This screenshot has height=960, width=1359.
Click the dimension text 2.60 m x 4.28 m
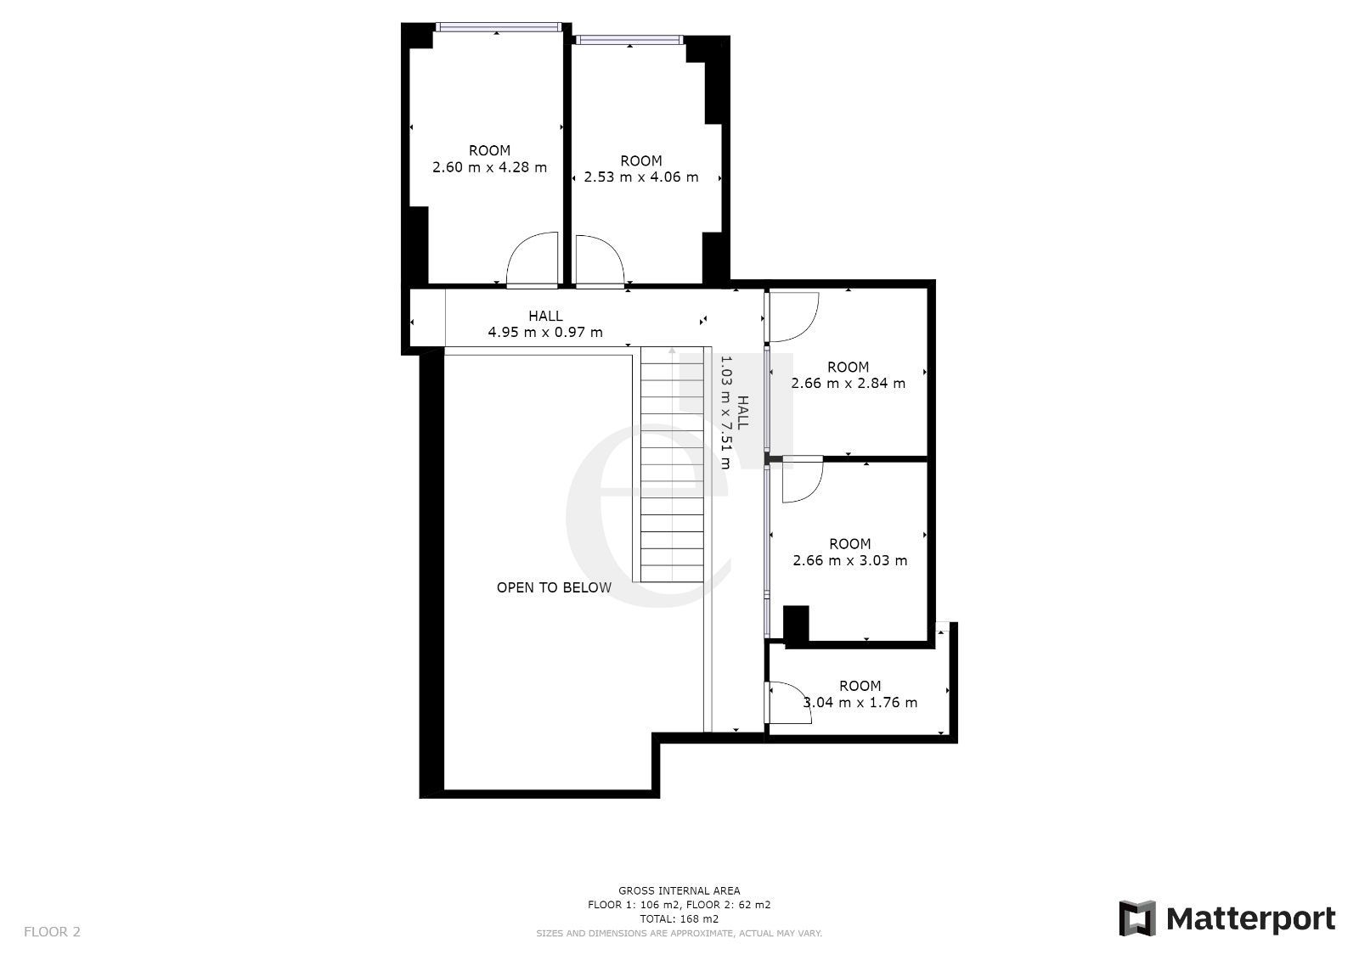489,167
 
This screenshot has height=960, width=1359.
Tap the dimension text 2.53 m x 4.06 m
641,177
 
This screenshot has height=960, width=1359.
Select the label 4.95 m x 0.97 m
545,333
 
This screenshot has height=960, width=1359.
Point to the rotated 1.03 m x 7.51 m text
725,413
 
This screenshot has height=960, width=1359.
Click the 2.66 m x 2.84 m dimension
849,384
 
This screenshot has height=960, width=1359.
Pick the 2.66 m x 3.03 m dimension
850,560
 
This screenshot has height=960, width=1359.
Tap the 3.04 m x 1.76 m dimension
860,702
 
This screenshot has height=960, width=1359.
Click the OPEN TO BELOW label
554,587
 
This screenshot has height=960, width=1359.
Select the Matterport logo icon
1137,918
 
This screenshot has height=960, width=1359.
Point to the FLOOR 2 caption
52,932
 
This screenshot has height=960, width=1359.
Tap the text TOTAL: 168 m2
679,918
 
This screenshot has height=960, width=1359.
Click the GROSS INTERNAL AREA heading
679,891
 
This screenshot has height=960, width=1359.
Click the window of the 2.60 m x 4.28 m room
499,26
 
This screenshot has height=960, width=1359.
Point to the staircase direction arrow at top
672,351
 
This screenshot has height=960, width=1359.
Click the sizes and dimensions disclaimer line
679,934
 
